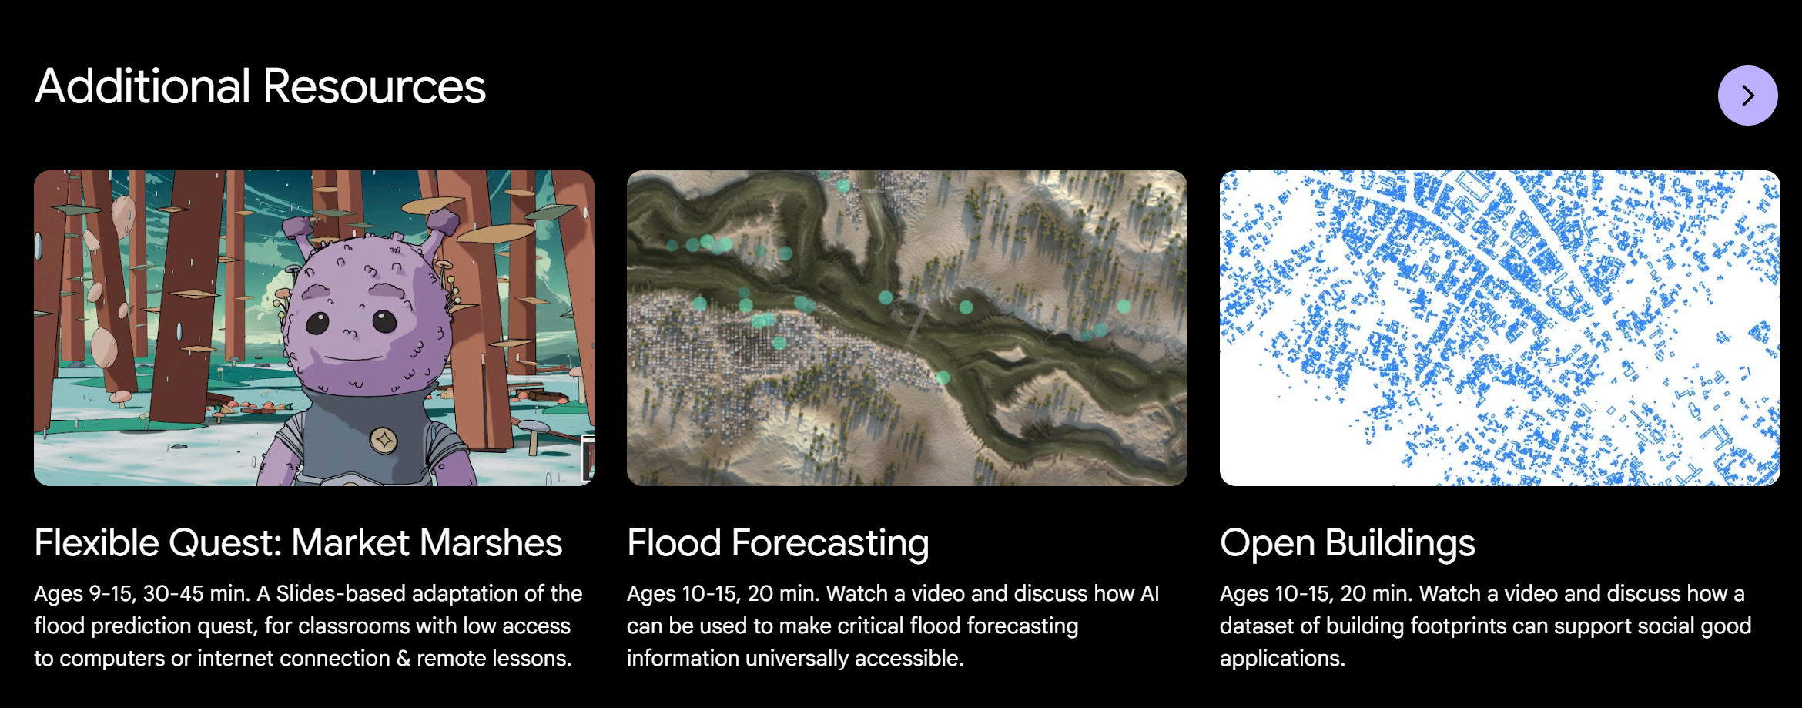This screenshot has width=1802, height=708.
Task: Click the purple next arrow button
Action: click(1747, 96)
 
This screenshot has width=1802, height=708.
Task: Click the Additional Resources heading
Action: click(260, 86)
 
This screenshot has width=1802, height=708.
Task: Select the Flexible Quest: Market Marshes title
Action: click(298, 542)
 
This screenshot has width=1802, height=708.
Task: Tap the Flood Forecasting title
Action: click(778, 544)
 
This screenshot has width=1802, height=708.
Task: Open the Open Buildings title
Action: click(1348, 544)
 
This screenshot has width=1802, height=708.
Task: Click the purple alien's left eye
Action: click(317, 323)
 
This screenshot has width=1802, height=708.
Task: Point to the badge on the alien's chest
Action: click(384, 441)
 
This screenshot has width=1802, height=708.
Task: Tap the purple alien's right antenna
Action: click(441, 227)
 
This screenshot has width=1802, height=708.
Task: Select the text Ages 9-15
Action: click(84, 594)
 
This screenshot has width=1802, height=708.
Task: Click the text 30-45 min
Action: click(196, 593)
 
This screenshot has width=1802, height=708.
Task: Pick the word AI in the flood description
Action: click(1149, 593)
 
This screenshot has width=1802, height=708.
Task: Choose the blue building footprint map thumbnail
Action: click(1499, 328)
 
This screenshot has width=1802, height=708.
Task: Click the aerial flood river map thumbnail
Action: click(906, 328)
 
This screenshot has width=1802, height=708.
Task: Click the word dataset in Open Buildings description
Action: click(1255, 626)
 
